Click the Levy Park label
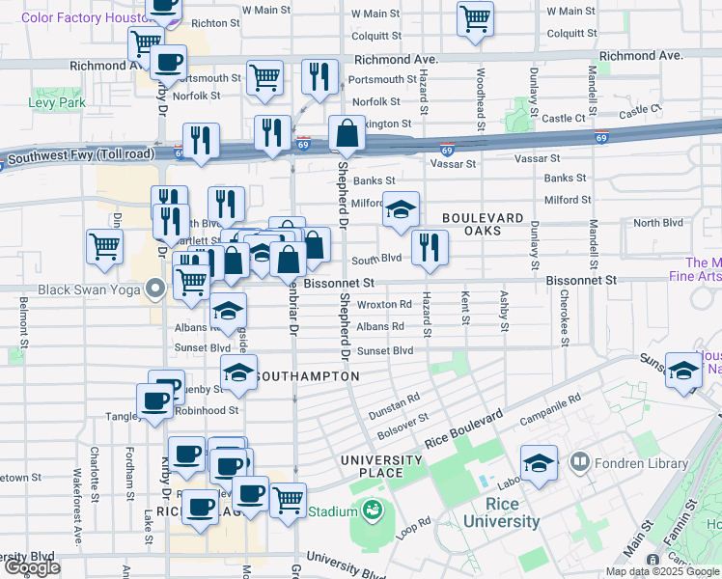click(x=57, y=101)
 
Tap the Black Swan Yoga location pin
click(x=155, y=289)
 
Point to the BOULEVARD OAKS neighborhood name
click(x=483, y=226)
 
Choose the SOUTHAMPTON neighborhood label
click(x=308, y=375)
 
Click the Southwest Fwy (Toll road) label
click(x=77, y=153)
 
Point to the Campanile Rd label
click(x=550, y=410)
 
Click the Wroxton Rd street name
click(x=384, y=304)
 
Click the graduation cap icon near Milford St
click(x=400, y=209)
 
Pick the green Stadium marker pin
click(x=369, y=508)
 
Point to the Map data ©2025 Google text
click(x=660, y=571)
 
